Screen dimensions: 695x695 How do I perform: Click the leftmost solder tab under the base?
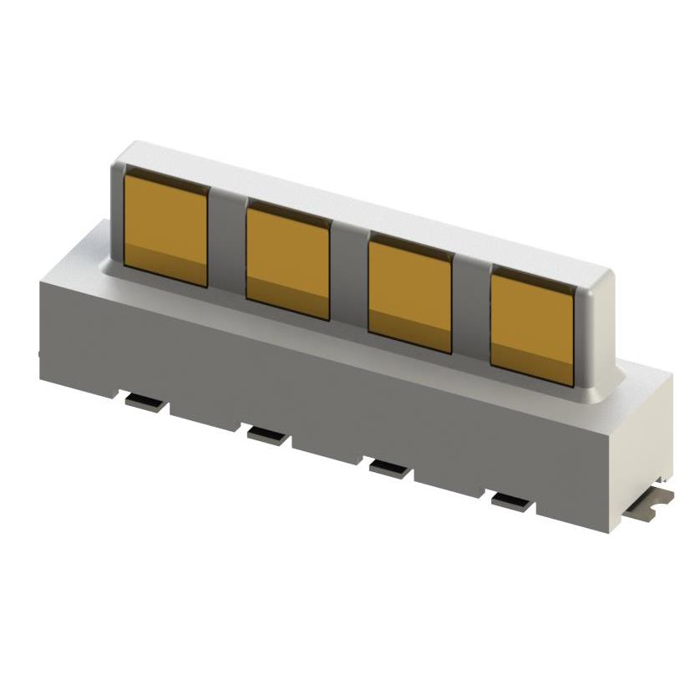pyautogui.click(x=145, y=403)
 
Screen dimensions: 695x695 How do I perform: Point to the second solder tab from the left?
pyautogui.click(x=267, y=434)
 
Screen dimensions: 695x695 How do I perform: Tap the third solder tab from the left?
pyautogui.click(x=390, y=468)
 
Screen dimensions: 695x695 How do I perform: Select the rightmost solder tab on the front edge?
pyautogui.click(x=512, y=502)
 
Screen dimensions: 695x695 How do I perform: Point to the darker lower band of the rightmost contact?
pyautogui.click(x=531, y=368)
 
